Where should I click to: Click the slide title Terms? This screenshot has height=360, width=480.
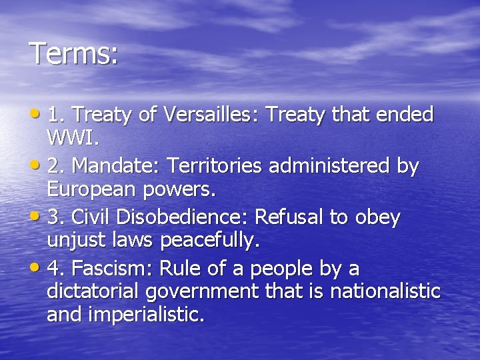(74, 53)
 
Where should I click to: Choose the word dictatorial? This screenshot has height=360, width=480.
(94, 291)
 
